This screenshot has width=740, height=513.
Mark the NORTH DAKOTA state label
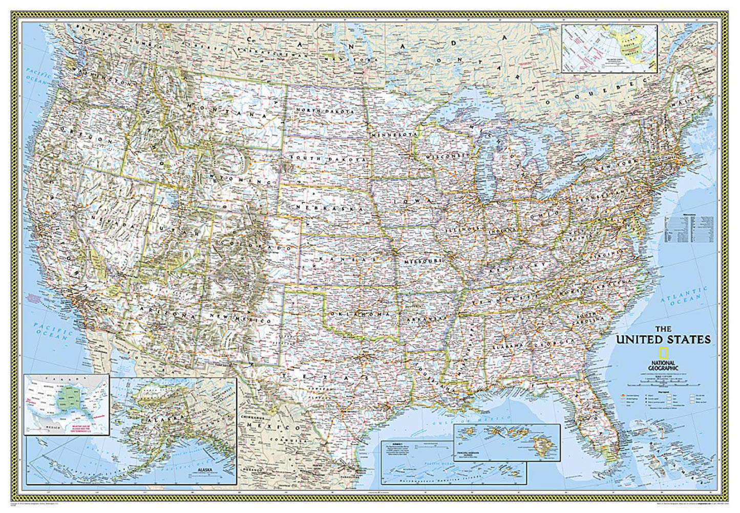click(x=328, y=111)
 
